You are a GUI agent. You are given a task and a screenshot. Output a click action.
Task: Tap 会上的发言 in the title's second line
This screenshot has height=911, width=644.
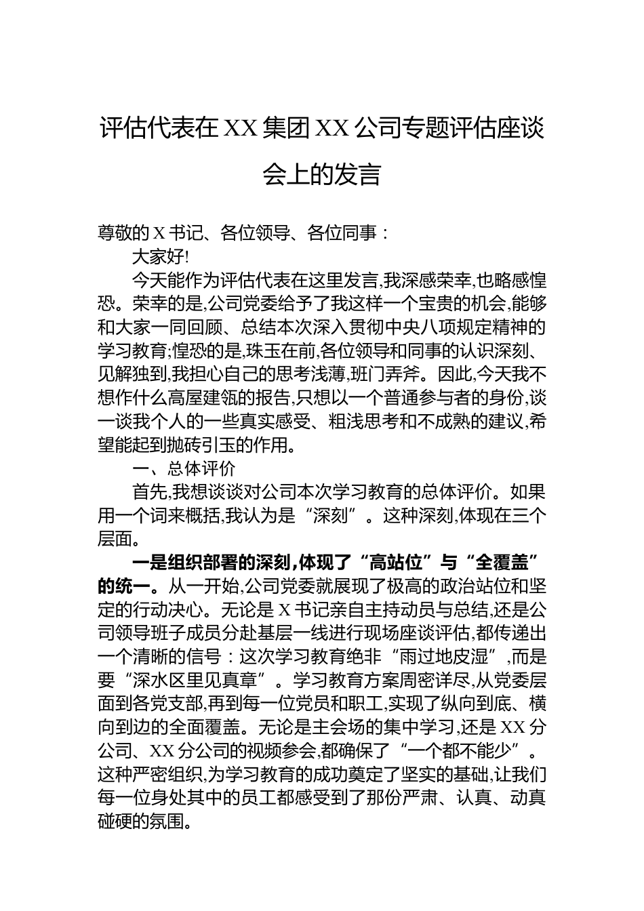tap(321, 174)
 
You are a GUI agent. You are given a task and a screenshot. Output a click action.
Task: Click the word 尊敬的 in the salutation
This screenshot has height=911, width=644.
tap(123, 234)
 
